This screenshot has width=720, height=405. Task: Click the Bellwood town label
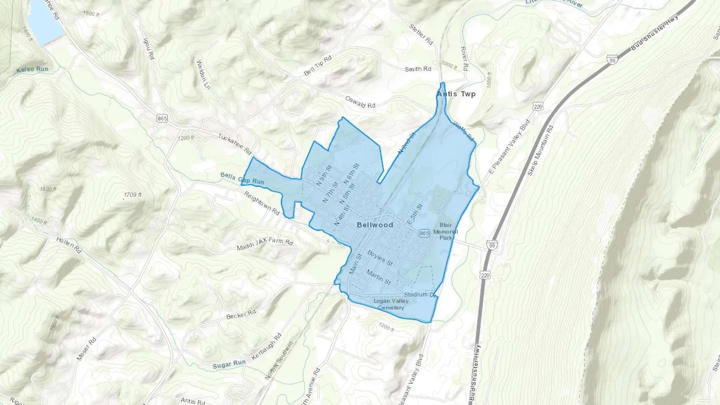375,225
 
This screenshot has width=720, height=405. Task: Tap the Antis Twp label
456,94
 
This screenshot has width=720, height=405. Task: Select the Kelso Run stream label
32,70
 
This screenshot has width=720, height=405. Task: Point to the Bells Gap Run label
242,178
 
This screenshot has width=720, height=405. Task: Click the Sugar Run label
229,364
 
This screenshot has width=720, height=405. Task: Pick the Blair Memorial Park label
446,231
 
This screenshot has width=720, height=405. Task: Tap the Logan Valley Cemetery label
391,304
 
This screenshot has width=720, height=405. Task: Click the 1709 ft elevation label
133,195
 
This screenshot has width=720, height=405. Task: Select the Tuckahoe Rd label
235,144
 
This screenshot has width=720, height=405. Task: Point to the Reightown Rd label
262,203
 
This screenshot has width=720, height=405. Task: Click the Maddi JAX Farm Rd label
265,243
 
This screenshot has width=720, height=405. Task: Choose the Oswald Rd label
360,102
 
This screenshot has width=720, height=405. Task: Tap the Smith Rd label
418,69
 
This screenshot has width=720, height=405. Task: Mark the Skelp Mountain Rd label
540,150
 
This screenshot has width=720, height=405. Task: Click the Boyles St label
380,258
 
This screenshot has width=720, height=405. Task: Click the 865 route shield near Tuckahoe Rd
162,118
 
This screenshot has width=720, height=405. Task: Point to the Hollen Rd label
69,245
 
